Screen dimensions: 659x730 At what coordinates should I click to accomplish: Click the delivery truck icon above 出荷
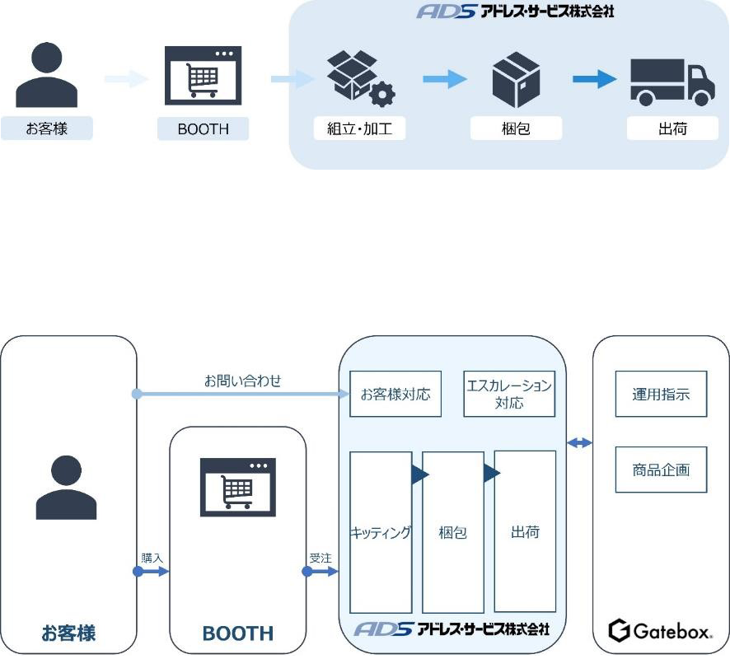[x=672, y=82]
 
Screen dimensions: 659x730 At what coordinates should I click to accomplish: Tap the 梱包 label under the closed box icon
[x=516, y=129]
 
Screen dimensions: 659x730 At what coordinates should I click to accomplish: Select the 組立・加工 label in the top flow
[x=360, y=129]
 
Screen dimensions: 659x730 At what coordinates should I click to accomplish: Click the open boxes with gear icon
[x=360, y=79]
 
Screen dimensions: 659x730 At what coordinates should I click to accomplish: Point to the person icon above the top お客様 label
[x=46, y=77]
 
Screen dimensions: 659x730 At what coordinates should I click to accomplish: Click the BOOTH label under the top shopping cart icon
[x=203, y=129]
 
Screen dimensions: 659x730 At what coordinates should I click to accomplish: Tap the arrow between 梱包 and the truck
[x=594, y=80]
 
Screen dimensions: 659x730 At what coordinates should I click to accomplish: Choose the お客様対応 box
[x=395, y=394]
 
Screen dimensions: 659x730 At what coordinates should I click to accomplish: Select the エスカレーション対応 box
[x=509, y=394]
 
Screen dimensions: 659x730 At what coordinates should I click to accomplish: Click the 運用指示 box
[x=661, y=394]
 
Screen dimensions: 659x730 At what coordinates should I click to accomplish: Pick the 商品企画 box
[x=661, y=470]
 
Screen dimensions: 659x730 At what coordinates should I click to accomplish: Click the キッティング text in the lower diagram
[x=381, y=533]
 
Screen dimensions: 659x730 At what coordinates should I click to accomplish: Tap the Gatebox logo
[x=661, y=632]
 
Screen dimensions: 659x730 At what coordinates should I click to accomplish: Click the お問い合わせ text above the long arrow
[x=243, y=381]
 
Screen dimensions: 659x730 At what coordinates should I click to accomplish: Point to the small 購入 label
[x=152, y=558]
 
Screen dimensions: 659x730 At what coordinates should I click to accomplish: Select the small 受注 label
[x=321, y=558]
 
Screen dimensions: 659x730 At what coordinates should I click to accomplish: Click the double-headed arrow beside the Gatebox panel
[x=580, y=443]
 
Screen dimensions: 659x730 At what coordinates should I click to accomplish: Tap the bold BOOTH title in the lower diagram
[x=237, y=633]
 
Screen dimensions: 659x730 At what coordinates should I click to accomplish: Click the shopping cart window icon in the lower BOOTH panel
[x=237, y=487]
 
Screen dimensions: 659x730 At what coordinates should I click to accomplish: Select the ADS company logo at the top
[x=516, y=12]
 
